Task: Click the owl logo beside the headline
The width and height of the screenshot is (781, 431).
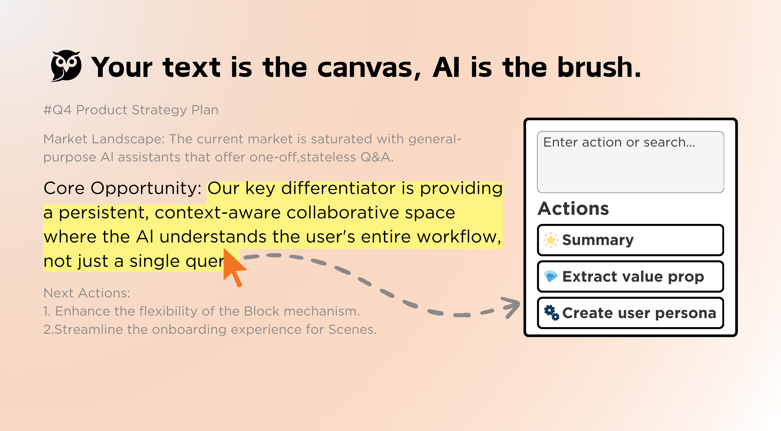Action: [x=66, y=66]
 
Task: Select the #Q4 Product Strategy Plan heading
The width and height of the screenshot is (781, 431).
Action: [x=131, y=110]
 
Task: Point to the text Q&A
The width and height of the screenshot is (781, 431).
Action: [x=376, y=157]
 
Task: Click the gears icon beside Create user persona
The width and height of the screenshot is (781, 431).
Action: [x=551, y=313]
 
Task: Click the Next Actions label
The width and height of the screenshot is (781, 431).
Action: [x=87, y=293]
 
